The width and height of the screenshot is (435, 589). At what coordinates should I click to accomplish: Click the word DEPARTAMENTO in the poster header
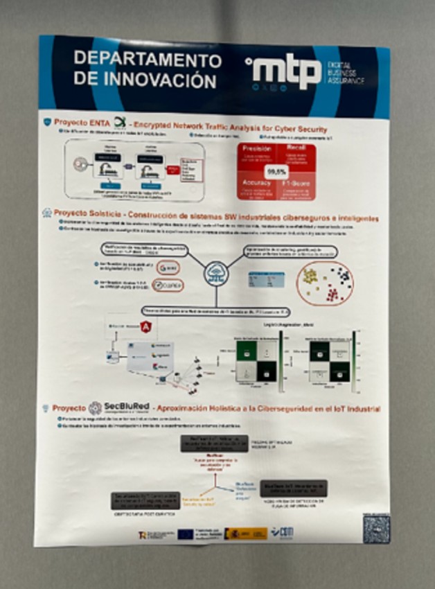[x=148, y=59]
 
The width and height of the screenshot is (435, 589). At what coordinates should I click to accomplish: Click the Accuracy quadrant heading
[x=256, y=182]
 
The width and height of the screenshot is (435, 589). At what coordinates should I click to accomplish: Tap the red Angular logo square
[x=145, y=326]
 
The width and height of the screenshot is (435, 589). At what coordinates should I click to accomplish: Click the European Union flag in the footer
[x=185, y=533]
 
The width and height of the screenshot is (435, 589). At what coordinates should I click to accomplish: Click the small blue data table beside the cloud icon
[x=267, y=279]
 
